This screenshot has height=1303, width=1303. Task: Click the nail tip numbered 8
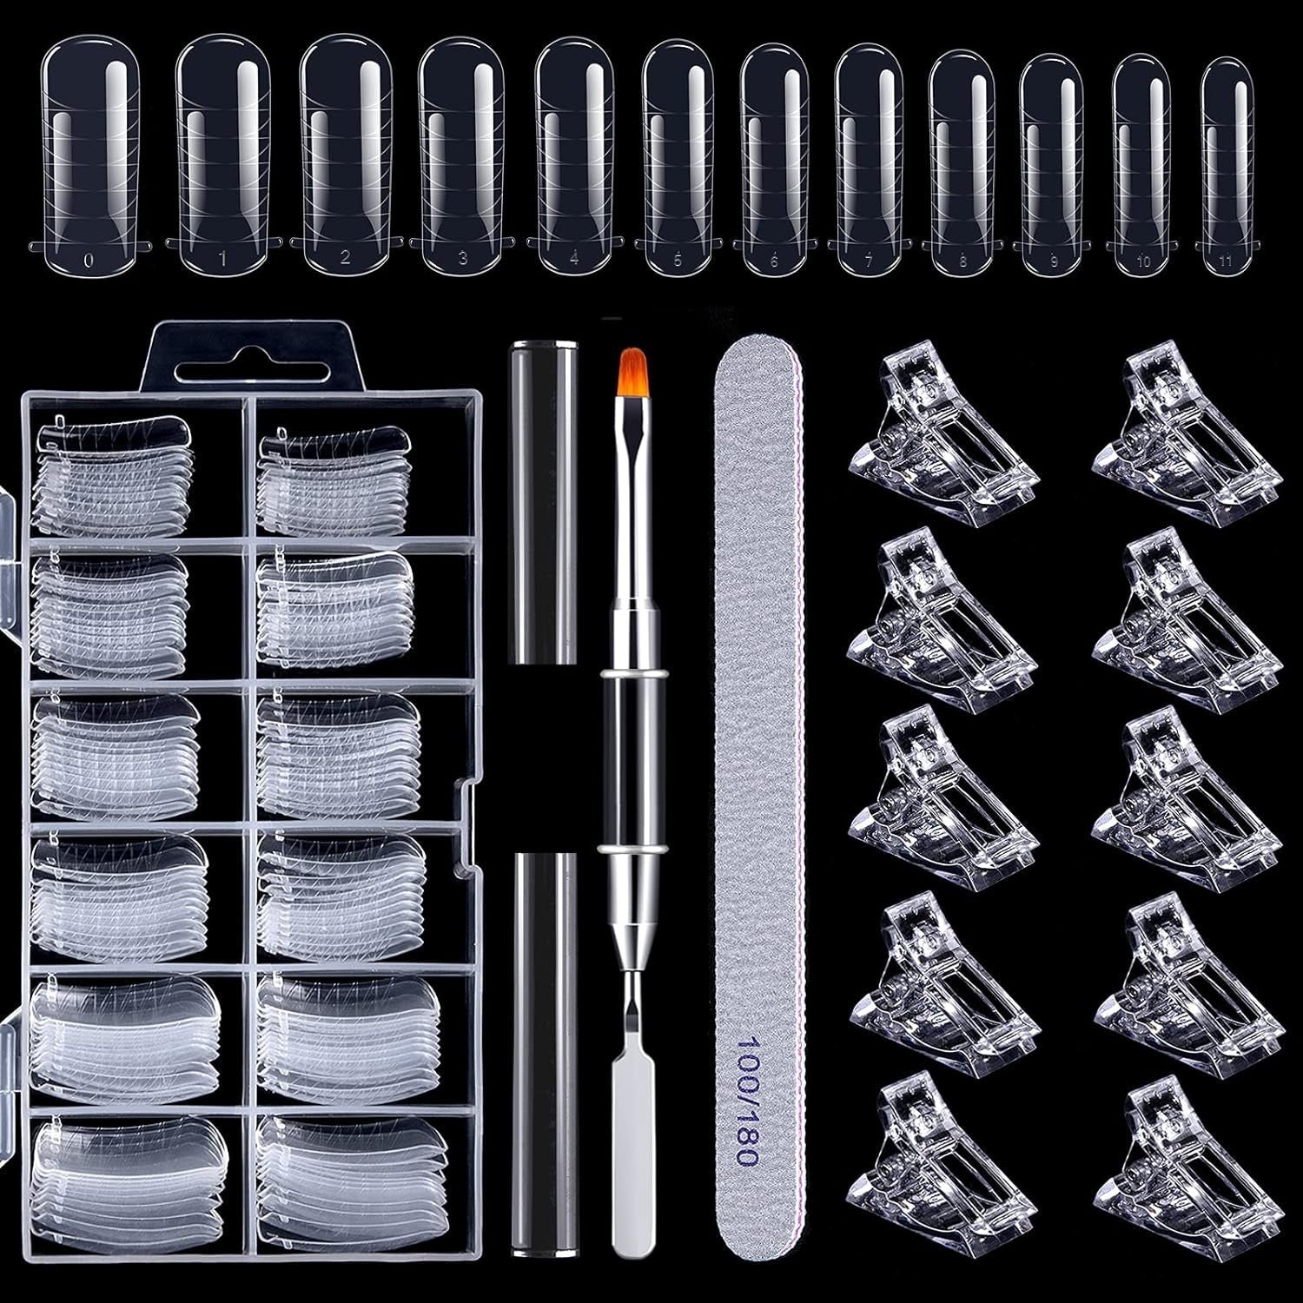(x=962, y=161)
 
